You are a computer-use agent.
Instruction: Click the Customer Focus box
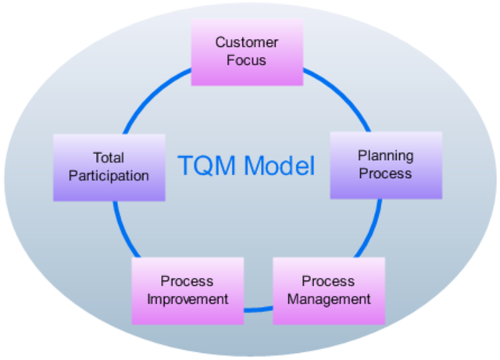coord(247,51)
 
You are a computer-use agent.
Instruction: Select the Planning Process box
coord(385,165)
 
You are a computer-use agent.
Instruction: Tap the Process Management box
coord(328,290)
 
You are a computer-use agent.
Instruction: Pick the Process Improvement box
coord(187,290)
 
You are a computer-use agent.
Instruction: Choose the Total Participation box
coord(109,167)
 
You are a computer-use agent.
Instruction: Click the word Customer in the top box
coord(247,42)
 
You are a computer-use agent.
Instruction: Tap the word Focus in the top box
coord(247,59)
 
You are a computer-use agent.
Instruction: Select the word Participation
coord(109,176)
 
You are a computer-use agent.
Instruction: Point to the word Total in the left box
coord(109,158)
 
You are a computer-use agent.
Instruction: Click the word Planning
coord(385,155)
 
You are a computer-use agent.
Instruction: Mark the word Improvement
coord(187,299)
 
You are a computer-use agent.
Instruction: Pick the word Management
coord(328,299)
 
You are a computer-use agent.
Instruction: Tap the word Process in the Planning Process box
coord(385,173)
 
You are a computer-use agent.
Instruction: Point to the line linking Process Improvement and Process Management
coord(258,310)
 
